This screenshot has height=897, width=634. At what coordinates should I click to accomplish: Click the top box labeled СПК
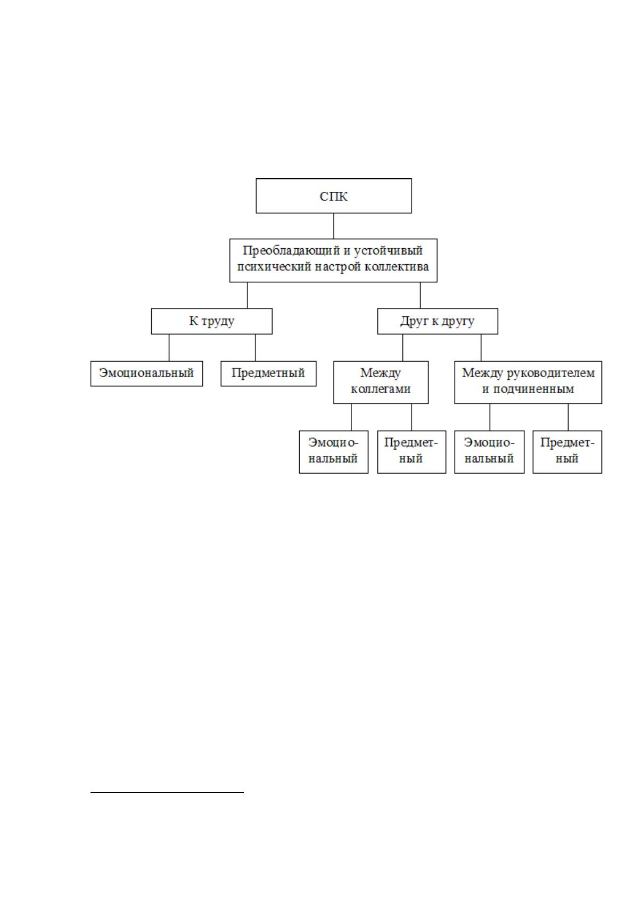[333, 196]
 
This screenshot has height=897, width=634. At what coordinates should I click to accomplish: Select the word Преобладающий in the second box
[291, 251]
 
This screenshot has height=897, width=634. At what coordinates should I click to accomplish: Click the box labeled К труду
[212, 321]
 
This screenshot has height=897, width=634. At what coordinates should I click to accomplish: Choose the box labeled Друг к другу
[438, 321]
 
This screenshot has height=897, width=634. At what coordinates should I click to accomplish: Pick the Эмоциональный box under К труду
[146, 373]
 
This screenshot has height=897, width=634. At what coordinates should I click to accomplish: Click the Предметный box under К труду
[268, 373]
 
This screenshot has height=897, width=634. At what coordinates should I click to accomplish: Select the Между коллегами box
[381, 382]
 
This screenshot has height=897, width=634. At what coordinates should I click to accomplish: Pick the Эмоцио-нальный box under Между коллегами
[333, 452]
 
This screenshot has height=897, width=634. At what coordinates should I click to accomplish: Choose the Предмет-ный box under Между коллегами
[411, 452]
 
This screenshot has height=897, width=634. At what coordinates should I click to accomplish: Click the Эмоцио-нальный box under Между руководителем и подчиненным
[489, 452]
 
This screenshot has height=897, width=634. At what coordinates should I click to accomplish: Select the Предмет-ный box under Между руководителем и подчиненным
[567, 452]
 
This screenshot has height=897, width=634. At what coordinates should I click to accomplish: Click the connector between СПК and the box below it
[333, 226]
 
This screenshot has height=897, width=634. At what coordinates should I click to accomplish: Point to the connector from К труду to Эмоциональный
[169, 348]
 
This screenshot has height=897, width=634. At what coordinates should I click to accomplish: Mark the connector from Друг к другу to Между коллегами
[402, 348]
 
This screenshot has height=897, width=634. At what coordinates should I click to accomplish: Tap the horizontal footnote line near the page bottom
[167, 792]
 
